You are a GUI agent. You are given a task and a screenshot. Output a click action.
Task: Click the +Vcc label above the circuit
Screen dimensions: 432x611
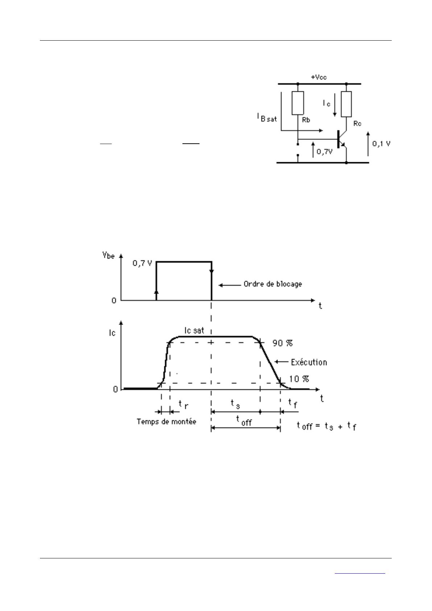pos(319,77)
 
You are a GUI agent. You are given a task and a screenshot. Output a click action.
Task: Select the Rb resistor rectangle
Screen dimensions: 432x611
pos(297,103)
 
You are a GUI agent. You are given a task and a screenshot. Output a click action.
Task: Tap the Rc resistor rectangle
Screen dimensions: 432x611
pos(346,104)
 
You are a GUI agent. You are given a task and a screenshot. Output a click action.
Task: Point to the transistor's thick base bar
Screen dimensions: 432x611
pos(338,139)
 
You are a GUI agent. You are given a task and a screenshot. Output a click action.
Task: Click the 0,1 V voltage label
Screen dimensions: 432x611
pos(381,143)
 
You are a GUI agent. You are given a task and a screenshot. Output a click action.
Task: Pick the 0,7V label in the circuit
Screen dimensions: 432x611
pos(325,152)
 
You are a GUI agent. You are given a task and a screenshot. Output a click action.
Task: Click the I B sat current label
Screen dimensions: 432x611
pos(267,118)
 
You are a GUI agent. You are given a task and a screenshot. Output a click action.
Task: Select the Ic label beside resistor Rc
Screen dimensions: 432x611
pos(327,103)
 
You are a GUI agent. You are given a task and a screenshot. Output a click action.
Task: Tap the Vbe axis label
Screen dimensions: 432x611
pos(108,255)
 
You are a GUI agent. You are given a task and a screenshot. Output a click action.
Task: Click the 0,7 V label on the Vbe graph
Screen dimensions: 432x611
pos(142,263)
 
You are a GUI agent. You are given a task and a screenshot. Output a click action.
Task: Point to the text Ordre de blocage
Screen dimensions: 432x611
pos(273,284)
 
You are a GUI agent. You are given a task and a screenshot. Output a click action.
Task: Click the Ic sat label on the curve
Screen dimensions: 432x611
pos(194,330)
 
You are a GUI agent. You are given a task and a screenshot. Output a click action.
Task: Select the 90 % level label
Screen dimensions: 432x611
pos(283,343)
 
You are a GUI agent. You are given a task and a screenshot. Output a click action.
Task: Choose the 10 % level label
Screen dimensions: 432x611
pos(299,379)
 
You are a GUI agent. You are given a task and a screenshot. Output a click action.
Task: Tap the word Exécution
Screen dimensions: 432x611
pos(309,362)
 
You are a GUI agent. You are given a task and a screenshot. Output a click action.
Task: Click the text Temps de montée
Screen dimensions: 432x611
pos(166,422)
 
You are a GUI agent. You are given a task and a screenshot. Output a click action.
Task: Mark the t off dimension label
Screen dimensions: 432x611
pos(244,421)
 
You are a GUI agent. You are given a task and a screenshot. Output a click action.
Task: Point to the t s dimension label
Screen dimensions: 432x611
pos(235,404)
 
